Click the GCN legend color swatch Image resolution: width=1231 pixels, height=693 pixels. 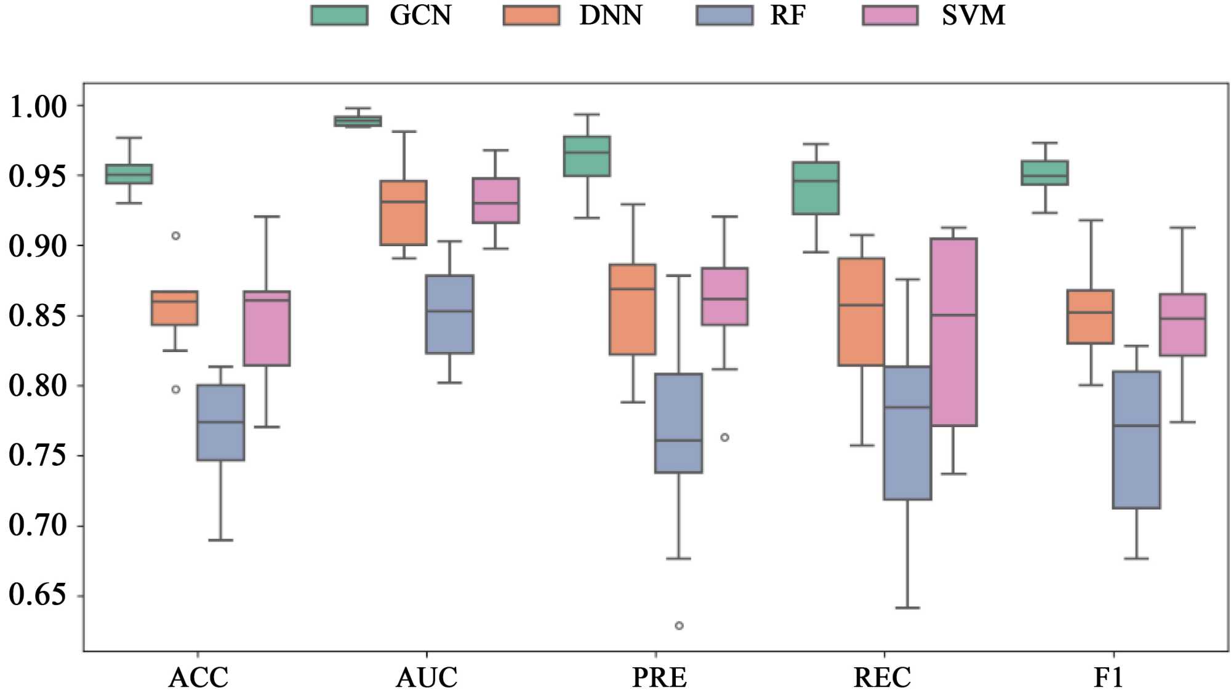coord(339,15)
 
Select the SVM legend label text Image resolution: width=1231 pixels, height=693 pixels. coord(973,15)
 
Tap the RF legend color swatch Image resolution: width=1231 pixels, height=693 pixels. coord(724,15)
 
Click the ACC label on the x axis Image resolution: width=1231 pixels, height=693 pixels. coord(198,678)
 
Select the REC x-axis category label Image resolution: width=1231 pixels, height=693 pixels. coord(882,678)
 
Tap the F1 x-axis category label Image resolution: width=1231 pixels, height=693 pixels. coord(1109,678)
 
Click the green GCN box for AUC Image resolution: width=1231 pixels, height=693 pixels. coord(358,121)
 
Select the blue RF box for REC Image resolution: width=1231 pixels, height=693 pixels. coord(907,433)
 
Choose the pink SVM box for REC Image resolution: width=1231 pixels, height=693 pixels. coord(953,332)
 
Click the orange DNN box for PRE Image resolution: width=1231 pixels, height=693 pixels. coord(632,310)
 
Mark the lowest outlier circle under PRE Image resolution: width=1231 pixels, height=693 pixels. coord(679,626)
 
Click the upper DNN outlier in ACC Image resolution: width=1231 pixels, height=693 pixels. coord(175,236)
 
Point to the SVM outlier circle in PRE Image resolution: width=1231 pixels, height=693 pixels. coord(724,438)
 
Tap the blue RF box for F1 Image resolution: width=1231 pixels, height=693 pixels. coord(1136,439)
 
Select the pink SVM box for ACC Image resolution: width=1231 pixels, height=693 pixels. coord(267,328)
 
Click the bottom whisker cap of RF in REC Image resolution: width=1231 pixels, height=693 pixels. coord(907,607)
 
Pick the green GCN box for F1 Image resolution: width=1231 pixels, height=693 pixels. coord(1045,173)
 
